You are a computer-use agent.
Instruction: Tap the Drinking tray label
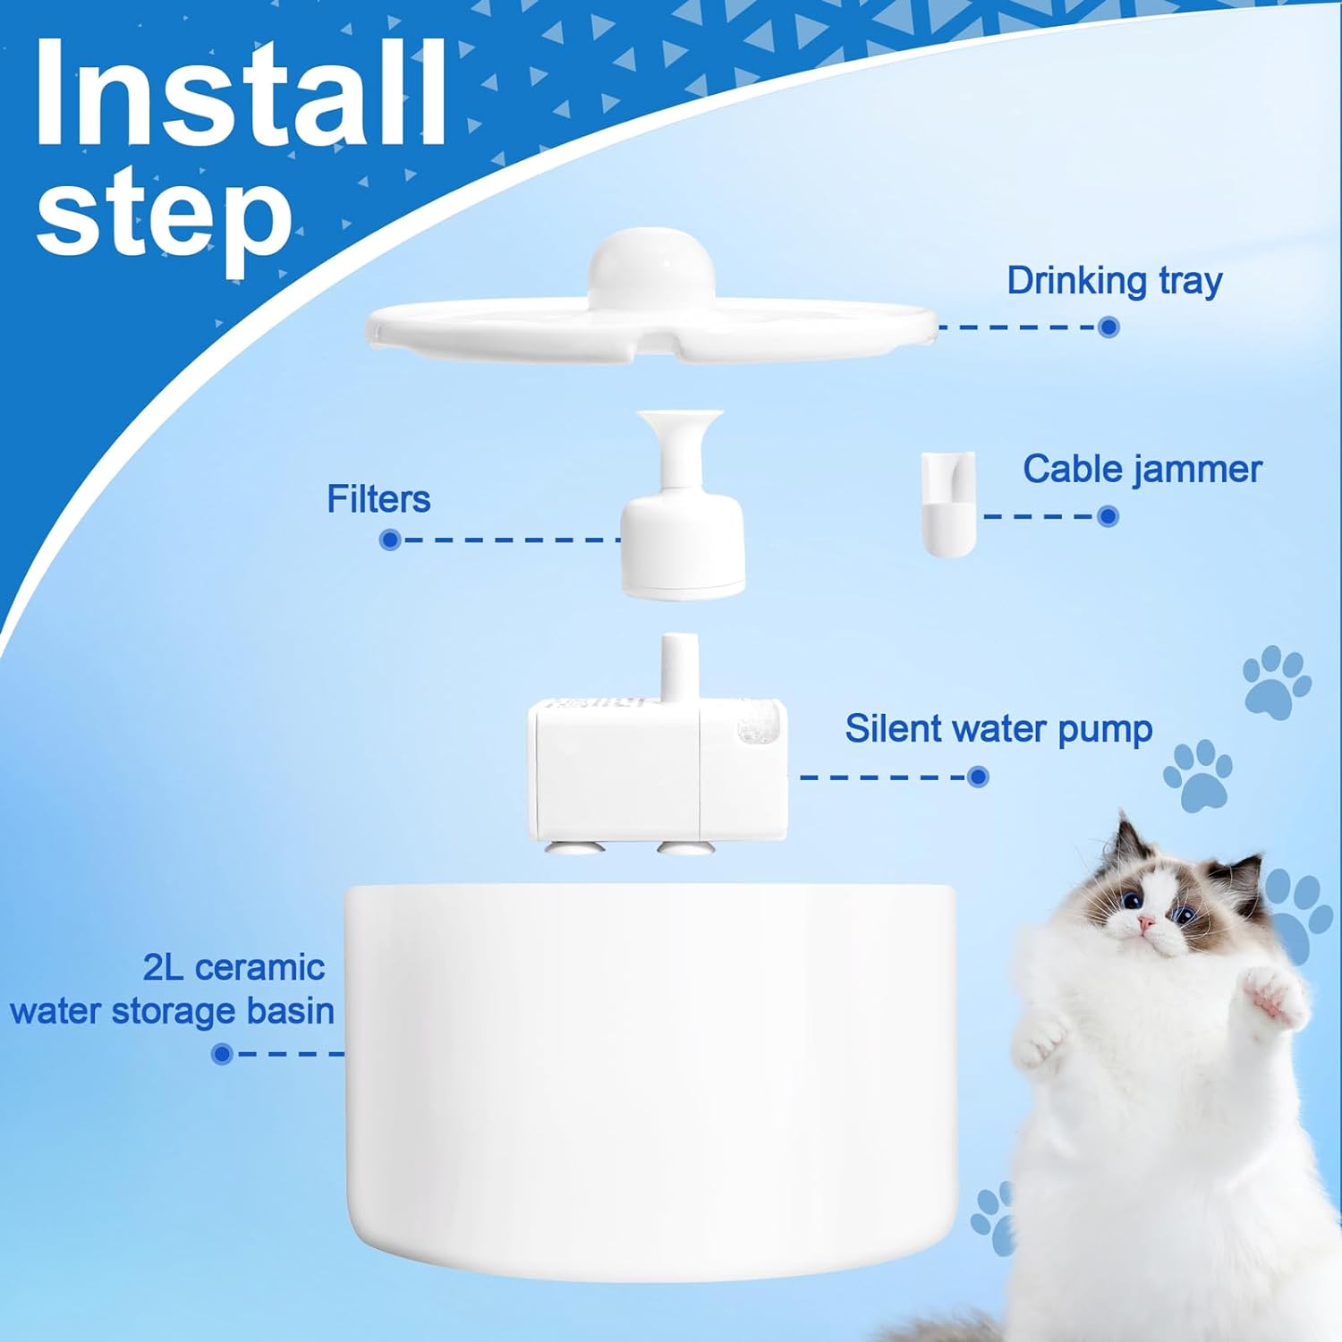point(1114,281)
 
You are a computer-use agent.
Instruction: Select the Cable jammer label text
point(1142,469)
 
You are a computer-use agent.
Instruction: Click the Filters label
point(378,499)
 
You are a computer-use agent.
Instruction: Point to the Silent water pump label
point(998,729)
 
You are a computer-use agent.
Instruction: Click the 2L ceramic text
point(234,967)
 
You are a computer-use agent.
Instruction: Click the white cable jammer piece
point(947,505)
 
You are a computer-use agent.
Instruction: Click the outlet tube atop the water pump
point(679,667)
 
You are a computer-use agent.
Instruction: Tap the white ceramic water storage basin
point(650,1074)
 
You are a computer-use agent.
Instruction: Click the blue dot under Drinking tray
point(1108,327)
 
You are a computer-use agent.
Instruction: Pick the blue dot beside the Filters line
point(389,539)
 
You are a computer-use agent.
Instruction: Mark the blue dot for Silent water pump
point(978,777)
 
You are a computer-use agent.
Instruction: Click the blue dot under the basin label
point(221,1054)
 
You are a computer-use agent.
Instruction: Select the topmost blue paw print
point(1277,683)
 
